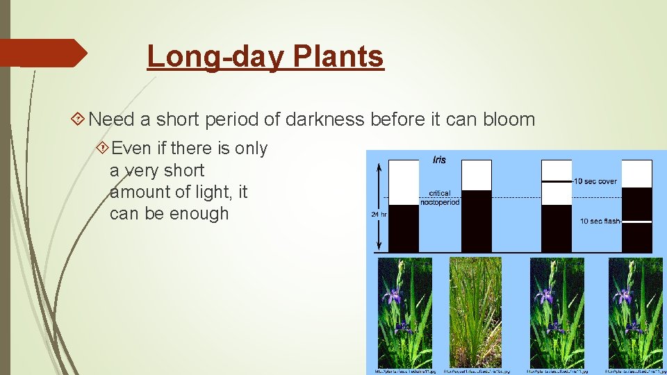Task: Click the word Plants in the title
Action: tap(338, 57)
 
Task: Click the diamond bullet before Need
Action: tap(79, 119)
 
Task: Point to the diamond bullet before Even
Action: tap(102, 148)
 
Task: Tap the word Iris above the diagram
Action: tap(439, 160)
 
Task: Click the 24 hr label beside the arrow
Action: tap(379, 215)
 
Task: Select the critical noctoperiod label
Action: tap(439, 197)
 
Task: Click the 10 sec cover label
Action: tap(595, 181)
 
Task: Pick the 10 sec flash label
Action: tap(600, 222)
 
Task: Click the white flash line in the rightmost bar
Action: tap(636, 222)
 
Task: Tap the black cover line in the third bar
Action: tap(556, 181)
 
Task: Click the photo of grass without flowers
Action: tap(475, 312)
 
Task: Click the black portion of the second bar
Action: tap(476, 221)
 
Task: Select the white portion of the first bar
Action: tap(404, 182)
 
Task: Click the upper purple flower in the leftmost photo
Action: tap(393, 297)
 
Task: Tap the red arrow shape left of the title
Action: tap(42, 53)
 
